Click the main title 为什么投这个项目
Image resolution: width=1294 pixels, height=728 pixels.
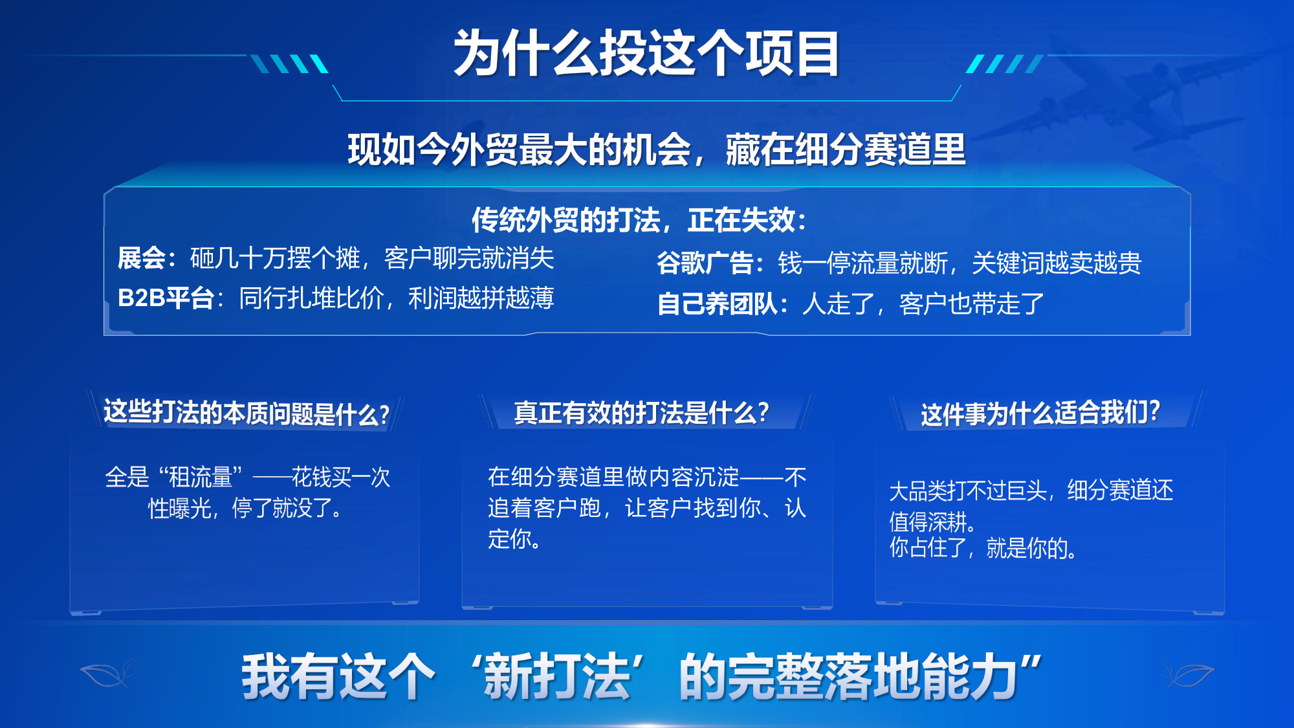[x=646, y=53]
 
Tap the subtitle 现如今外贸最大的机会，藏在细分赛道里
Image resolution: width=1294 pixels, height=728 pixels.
[x=656, y=149]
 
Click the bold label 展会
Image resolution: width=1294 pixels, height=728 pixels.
[x=142, y=258]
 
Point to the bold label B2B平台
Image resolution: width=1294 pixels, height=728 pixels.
[x=166, y=298]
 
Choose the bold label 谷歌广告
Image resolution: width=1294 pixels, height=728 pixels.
[x=705, y=263]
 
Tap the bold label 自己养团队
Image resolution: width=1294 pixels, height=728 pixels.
[x=717, y=303]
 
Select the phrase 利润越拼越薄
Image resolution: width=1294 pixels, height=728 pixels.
[x=481, y=298]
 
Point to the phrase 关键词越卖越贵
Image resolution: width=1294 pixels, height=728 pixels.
[x=1057, y=263]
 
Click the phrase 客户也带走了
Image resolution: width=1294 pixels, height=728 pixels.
[x=972, y=303]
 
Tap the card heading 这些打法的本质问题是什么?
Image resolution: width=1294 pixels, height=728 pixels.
[x=247, y=413]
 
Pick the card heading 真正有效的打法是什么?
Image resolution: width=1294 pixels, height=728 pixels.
[x=641, y=413]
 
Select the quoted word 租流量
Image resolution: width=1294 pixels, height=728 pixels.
[x=201, y=478]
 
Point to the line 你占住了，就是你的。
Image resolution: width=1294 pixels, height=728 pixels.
[x=983, y=548]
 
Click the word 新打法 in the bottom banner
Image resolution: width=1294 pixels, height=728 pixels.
[x=557, y=676]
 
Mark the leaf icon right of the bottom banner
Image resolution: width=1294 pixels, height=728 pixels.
[x=1185, y=673]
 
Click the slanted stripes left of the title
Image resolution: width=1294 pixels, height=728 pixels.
[x=289, y=63]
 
